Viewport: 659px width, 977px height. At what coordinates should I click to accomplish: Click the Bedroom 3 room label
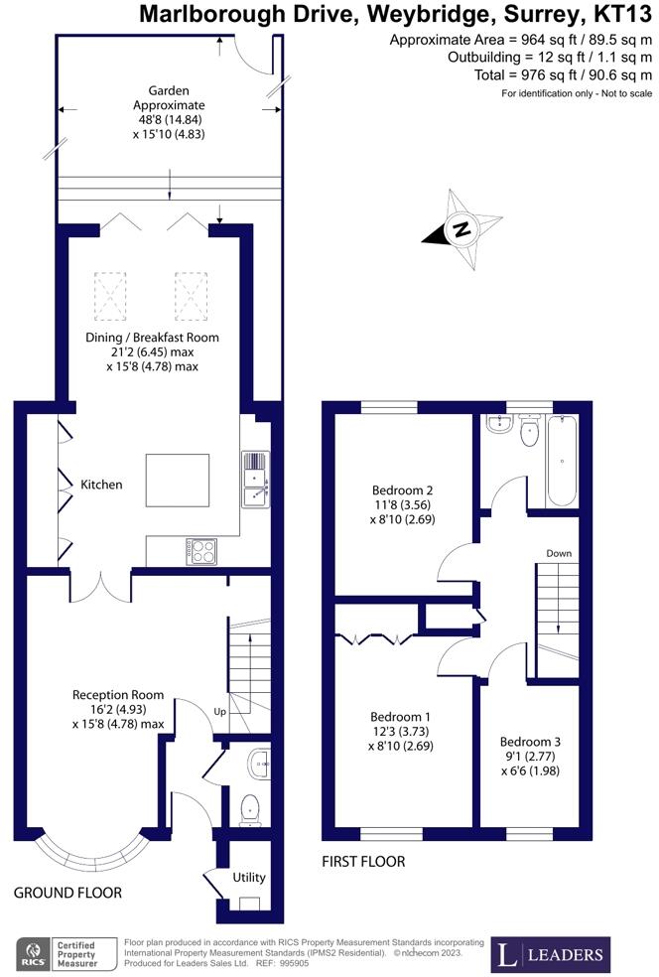(530, 742)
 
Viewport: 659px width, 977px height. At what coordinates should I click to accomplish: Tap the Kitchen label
(101, 485)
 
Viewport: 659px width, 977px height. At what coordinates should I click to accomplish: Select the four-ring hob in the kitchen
(200, 551)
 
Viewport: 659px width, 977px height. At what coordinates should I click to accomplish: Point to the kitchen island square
(178, 481)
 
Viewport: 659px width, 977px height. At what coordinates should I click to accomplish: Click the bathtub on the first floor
(561, 461)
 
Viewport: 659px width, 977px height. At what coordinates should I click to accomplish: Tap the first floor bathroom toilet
(529, 430)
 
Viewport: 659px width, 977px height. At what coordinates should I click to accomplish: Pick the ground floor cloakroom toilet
(249, 810)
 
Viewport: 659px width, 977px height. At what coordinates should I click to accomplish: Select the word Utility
(248, 878)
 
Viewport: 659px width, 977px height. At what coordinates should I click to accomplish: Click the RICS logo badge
(67, 953)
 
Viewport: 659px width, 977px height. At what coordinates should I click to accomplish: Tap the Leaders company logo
(551, 953)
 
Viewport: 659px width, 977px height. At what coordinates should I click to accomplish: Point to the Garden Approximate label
(168, 98)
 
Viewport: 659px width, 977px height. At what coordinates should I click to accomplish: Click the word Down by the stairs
(559, 553)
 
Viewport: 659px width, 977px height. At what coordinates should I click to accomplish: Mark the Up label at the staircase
(220, 712)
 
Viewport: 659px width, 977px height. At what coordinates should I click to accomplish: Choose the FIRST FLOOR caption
(363, 862)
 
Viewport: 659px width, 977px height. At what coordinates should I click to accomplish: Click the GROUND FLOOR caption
(67, 893)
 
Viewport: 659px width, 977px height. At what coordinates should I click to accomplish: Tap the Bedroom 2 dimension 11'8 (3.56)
(402, 504)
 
